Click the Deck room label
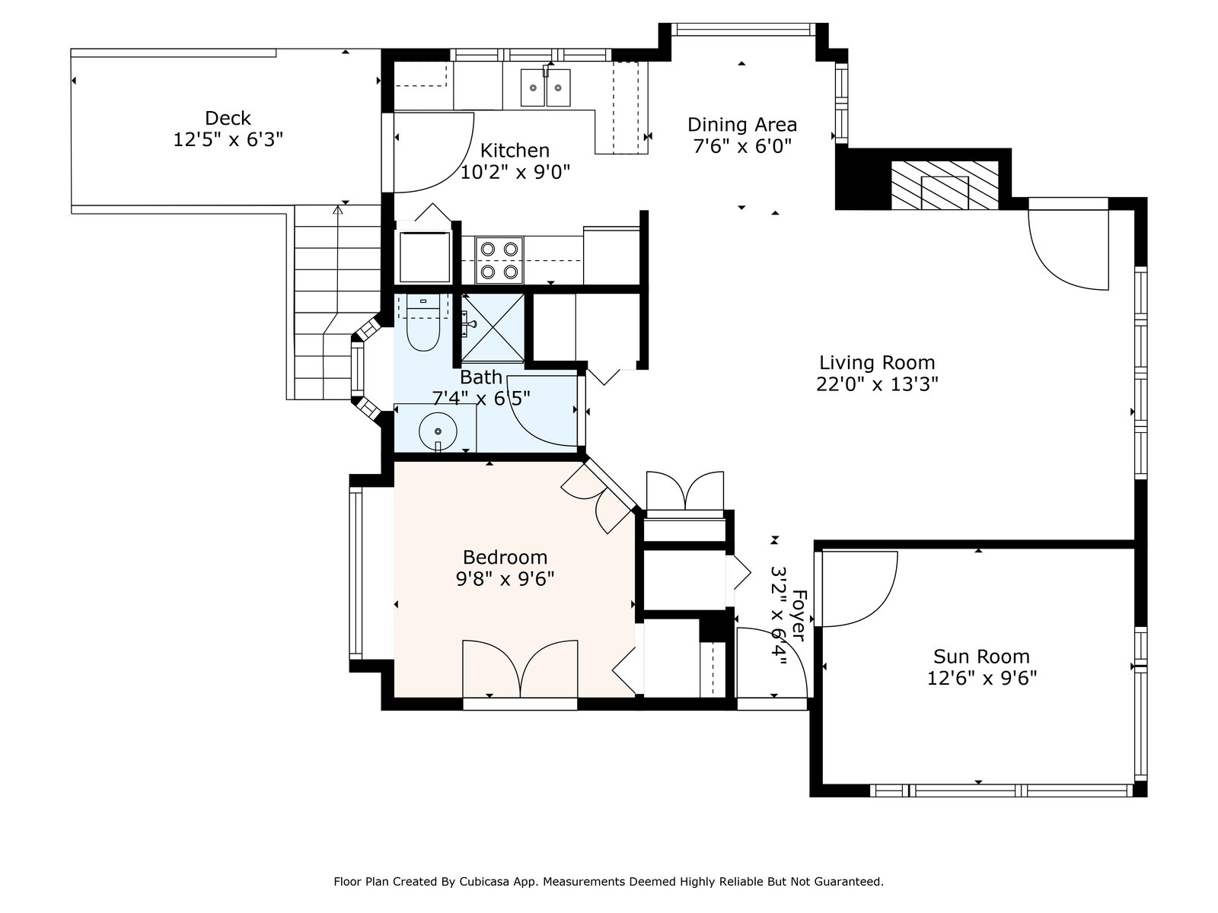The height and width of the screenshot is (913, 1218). (228, 119)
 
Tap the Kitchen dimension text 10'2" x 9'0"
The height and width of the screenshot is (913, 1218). (515, 173)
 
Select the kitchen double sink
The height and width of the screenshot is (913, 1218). (546, 87)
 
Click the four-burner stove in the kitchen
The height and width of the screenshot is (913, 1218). (500, 259)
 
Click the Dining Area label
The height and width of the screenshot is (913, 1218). (742, 125)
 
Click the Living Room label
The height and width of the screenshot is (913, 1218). (877, 363)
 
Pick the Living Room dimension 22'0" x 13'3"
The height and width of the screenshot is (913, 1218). (877, 385)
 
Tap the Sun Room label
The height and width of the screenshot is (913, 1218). (981, 657)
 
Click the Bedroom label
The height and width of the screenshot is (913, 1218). (505, 558)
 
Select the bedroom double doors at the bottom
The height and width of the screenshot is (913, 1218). (520, 670)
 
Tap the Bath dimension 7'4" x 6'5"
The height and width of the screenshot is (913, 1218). (481, 398)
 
